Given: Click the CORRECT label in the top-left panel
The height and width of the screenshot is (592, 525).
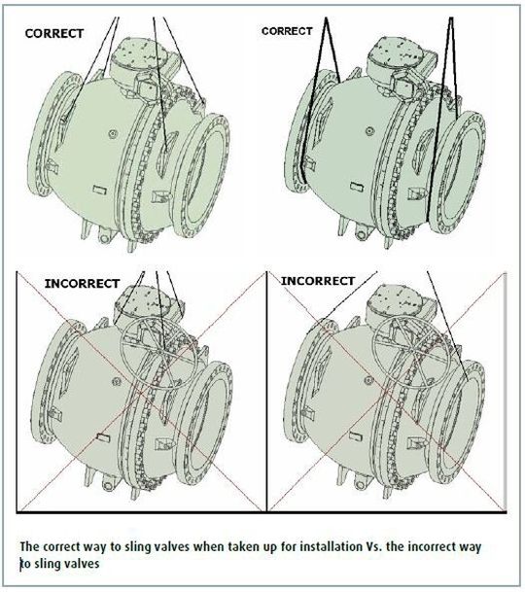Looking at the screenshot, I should pyautogui.click(x=54, y=31).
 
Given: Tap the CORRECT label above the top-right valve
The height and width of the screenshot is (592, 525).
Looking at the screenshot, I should pyautogui.click(x=287, y=31).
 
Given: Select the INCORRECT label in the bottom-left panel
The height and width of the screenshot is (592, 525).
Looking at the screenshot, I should pyautogui.click(x=82, y=283).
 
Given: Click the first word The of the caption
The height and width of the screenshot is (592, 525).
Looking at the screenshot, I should pyautogui.click(x=31, y=547).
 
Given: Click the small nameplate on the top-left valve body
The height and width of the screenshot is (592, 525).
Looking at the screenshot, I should pyautogui.click(x=97, y=186).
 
